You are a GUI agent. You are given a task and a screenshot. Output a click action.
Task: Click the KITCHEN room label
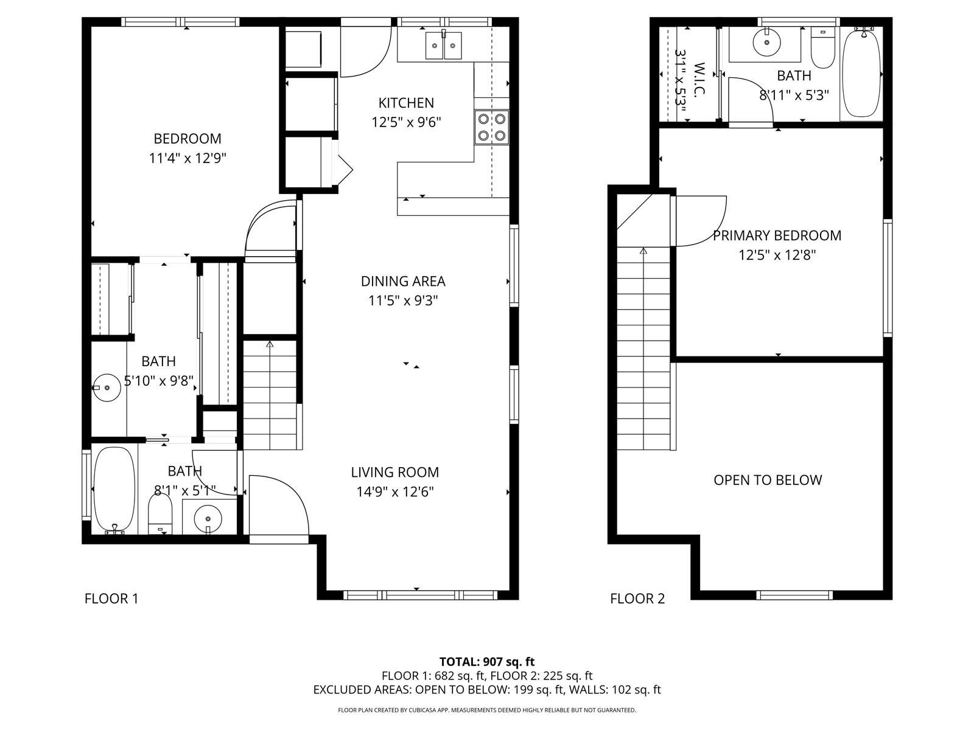point(406,103)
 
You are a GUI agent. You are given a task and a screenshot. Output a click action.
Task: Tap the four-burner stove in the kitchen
point(491,127)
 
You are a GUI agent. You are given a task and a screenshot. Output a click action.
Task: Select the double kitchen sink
point(443,45)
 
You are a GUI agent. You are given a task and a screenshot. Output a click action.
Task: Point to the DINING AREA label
point(403,281)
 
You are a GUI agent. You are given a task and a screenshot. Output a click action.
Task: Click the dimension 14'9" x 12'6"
point(395,492)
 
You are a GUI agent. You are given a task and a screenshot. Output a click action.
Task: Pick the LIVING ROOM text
point(395,472)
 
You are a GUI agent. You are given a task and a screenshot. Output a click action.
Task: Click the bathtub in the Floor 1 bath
point(114,489)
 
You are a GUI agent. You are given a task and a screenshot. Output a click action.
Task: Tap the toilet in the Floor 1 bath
point(159,513)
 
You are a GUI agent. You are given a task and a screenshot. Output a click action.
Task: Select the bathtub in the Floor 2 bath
point(861,73)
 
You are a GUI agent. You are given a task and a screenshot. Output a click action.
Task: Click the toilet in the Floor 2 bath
point(822,48)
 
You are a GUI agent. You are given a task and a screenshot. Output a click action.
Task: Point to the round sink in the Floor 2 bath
point(767,42)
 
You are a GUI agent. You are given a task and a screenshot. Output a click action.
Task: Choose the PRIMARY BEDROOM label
point(777,235)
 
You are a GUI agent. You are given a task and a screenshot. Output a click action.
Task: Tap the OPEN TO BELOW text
point(768,479)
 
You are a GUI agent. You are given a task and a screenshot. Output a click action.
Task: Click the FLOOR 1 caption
point(111,599)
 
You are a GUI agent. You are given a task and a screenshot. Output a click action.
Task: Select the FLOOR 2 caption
point(637,599)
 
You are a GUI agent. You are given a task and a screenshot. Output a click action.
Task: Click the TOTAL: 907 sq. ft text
point(487,662)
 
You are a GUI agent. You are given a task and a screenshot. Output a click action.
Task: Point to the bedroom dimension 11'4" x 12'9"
point(187,158)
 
